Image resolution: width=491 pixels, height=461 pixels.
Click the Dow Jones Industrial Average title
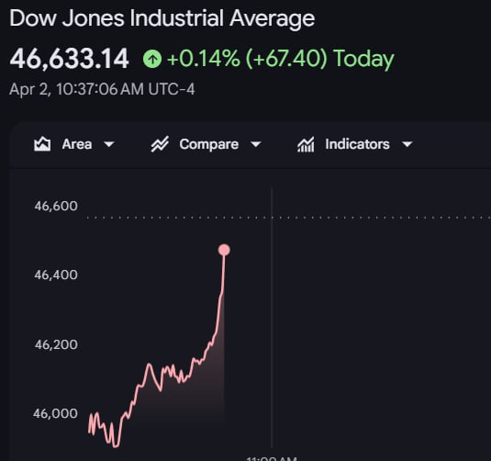click(162, 18)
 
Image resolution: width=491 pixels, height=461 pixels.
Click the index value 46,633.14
click(70, 59)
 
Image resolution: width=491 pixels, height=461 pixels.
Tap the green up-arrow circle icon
click(152, 60)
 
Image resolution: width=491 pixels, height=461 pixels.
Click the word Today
click(363, 60)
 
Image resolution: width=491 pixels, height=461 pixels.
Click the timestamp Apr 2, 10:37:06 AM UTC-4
click(102, 89)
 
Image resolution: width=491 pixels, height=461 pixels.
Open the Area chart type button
click(74, 144)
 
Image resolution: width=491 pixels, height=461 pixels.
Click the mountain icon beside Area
click(42, 144)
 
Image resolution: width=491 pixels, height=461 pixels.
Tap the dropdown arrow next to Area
click(109, 144)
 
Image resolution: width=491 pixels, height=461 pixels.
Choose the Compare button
click(208, 144)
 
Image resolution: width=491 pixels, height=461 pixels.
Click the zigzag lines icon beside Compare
click(160, 144)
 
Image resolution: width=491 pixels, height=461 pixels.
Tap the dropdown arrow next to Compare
click(256, 144)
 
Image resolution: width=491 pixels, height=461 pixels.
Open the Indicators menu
click(357, 144)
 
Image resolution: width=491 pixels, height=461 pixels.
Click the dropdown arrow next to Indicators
click(407, 144)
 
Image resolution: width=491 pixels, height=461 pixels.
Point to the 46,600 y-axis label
click(56, 206)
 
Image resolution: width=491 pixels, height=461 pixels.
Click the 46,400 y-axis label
click(56, 275)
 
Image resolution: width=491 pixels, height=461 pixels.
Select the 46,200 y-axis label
click(56, 344)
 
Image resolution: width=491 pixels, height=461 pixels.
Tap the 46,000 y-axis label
click(56, 413)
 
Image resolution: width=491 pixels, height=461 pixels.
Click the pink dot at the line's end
click(224, 250)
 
